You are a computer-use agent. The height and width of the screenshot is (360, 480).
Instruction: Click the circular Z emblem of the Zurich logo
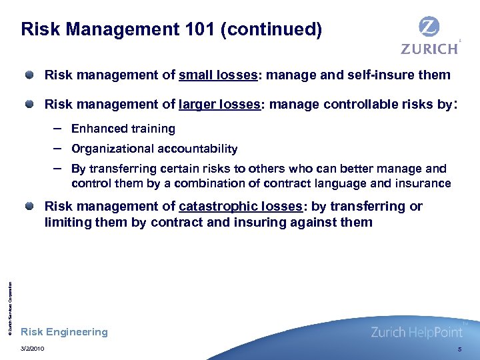pos(429,27)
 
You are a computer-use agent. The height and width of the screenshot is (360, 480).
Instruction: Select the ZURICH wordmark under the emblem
pos(429,49)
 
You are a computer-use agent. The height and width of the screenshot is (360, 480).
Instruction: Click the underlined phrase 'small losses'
pos(218,75)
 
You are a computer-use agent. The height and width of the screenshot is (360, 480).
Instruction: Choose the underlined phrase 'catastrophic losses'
pos(240,206)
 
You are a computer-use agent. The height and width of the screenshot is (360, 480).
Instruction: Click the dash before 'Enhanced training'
pos(59,127)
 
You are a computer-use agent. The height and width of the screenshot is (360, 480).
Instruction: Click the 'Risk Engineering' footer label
pos(64,332)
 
